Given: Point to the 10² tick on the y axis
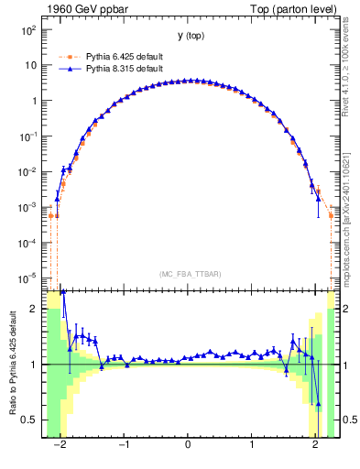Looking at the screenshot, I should [x=28, y=30].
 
